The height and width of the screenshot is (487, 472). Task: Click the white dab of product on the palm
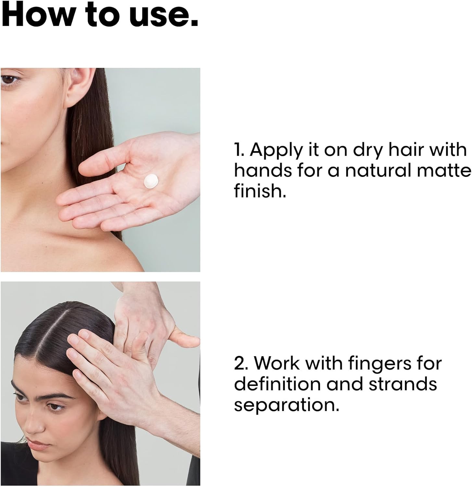(x=151, y=181)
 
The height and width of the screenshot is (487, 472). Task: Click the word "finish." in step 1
(x=260, y=191)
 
